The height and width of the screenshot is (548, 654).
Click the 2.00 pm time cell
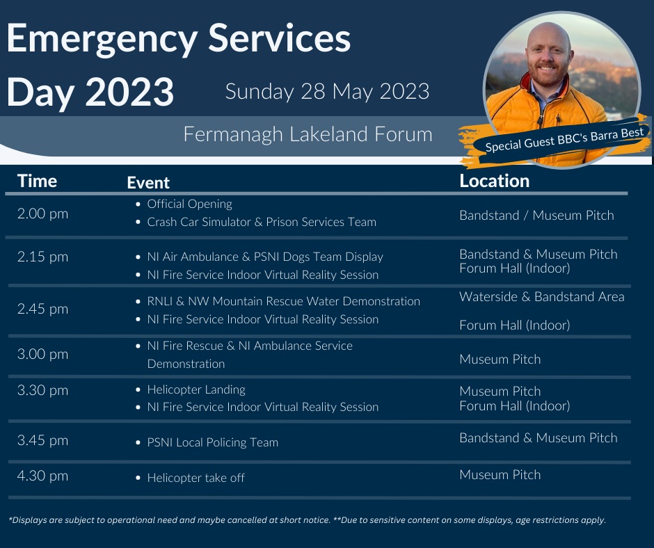click(x=42, y=213)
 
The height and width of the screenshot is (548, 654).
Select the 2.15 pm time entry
click(x=42, y=257)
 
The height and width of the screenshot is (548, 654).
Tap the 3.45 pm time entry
click(x=42, y=440)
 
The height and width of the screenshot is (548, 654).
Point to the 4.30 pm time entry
click(x=42, y=476)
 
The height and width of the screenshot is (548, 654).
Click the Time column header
click(x=37, y=182)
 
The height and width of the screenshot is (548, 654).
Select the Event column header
click(x=148, y=183)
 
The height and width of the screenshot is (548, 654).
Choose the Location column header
click(x=494, y=181)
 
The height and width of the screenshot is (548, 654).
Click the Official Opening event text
click(x=189, y=204)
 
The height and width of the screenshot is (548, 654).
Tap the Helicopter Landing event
click(x=196, y=389)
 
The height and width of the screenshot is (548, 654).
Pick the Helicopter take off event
click(x=196, y=478)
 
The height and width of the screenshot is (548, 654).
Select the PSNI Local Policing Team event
click(x=212, y=442)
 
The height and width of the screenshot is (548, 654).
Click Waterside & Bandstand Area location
click(x=541, y=297)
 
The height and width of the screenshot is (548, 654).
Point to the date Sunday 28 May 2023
click(x=327, y=91)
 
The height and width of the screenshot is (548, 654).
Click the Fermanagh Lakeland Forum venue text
click(x=308, y=134)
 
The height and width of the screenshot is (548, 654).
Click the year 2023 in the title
click(x=129, y=91)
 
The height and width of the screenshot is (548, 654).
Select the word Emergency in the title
click(x=105, y=40)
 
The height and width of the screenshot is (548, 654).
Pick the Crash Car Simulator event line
click(x=261, y=223)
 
